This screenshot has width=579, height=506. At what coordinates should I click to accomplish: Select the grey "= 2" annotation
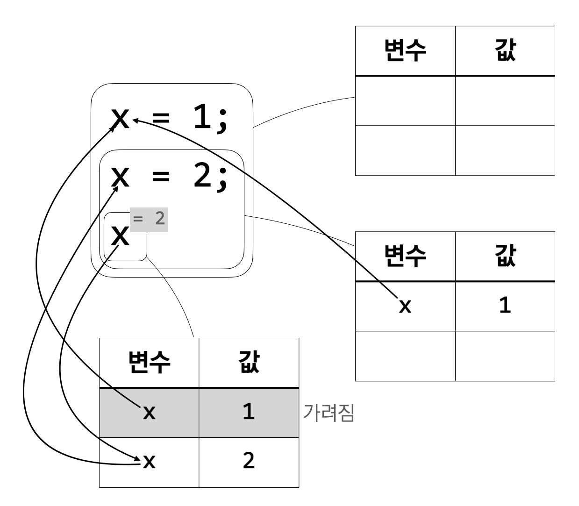(149, 219)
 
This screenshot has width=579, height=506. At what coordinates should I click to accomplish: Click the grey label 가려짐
(329, 413)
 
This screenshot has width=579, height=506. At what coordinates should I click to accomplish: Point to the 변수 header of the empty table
(405, 50)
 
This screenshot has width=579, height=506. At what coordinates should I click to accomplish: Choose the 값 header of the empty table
(505, 50)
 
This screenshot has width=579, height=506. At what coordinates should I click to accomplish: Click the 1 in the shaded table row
(249, 412)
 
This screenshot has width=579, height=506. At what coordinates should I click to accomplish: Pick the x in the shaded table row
(149, 413)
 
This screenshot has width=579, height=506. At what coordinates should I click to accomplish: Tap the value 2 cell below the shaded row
(249, 461)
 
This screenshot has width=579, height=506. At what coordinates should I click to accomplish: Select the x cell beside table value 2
(149, 462)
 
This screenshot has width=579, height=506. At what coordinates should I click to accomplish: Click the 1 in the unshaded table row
(505, 306)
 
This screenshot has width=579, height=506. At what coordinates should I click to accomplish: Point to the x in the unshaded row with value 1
(405, 307)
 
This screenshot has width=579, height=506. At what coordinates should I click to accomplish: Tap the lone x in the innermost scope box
(121, 235)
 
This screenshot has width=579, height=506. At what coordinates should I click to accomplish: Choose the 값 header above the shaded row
(249, 363)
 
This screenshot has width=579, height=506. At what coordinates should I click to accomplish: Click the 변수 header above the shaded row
(149, 363)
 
